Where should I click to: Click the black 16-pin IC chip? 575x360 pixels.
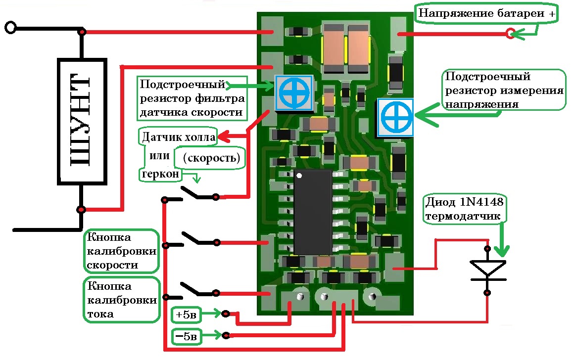click(x=313, y=212)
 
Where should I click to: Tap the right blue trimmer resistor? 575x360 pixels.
click(x=395, y=117)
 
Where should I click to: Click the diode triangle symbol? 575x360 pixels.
click(x=487, y=269)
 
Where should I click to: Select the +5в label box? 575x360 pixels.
click(x=187, y=314)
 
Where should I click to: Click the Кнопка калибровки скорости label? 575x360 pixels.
click(x=121, y=251)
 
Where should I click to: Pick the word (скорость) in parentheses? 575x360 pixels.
click(x=211, y=158)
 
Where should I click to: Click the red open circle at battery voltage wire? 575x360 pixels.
click(x=510, y=34)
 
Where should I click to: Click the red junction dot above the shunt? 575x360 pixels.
click(x=82, y=32)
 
